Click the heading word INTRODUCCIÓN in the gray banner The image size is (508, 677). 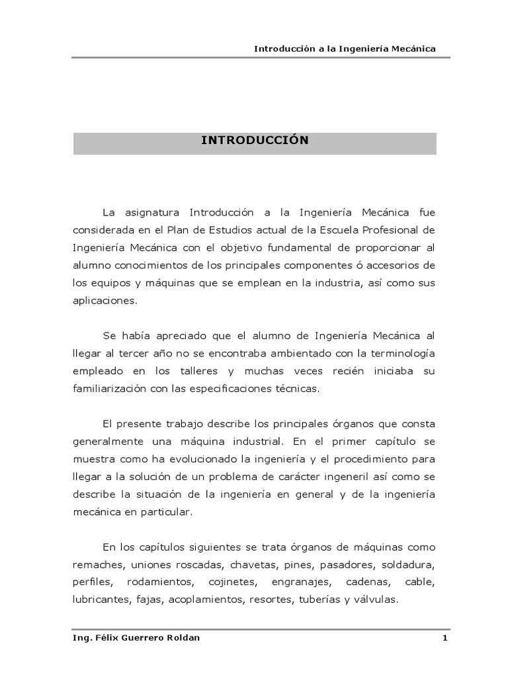tap(255, 140)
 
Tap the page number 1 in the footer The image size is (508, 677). tap(445, 638)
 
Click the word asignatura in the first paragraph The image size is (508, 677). tap(151, 213)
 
